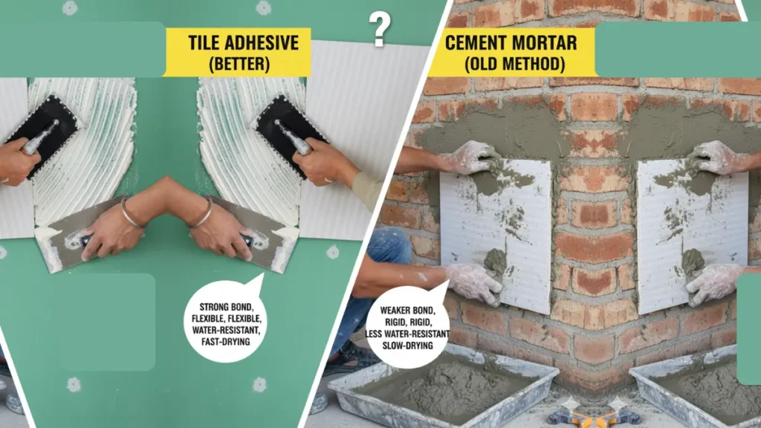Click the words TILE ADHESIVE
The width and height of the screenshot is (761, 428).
tap(236, 42)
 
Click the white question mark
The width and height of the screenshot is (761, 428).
tap(380, 29)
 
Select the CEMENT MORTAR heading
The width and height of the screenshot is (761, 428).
tap(511, 42)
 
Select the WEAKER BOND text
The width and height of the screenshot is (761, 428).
tap(407, 310)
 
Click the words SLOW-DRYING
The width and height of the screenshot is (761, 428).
tap(407, 346)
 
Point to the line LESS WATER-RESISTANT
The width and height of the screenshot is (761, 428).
tap(407, 334)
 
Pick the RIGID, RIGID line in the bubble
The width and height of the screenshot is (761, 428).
tap(407, 322)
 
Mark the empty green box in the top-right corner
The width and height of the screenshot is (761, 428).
tap(676, 49)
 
